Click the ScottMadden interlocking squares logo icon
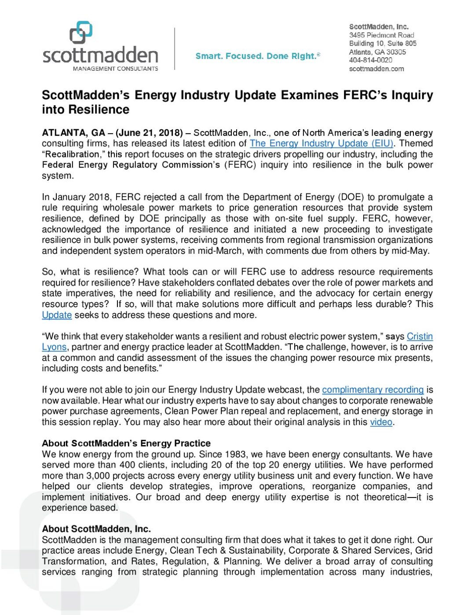(x=81, y=33)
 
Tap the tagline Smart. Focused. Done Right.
(x=258, y=56)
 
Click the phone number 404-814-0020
(x=370, y=60)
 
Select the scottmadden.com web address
(x=376, y=69)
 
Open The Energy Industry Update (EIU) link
(x=322, y=143)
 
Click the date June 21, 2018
(x=149, y=133)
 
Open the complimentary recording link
(x=373, y=390)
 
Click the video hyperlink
(x=381, y=422)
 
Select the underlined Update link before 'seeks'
(x=57, y=315)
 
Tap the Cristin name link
(x=420, y=337)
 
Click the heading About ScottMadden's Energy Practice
(x=126, y=443)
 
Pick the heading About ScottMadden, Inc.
(x=96, y=529)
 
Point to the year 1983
(x=235, y=454)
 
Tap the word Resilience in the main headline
(x=102, y=110)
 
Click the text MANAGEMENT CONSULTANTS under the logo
(x=115, y=69)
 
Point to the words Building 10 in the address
(x=366, y=44)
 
